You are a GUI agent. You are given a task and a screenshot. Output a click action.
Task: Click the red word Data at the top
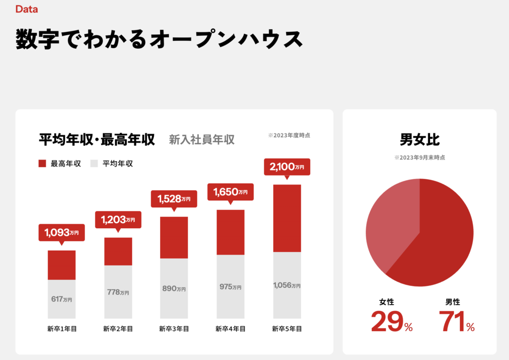[x=26, y=9]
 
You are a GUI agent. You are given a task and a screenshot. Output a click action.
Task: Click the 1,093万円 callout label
[x=62, y=232]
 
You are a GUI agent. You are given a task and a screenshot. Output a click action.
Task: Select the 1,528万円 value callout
[x=174, y=199]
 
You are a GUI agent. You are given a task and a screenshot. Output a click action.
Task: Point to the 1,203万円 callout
[x=118, y=219]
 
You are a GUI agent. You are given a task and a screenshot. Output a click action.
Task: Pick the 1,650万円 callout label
[x=230, y=191]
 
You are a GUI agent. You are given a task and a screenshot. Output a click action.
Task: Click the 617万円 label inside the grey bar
[x=62, y=299]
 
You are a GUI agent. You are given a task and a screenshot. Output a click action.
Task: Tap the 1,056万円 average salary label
[x=287, y=285]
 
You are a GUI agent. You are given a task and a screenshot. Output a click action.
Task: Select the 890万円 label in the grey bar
[x=174, y=288]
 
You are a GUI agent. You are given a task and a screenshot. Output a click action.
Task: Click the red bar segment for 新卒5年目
[x=287, y=218]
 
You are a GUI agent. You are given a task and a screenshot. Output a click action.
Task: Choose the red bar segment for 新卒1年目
[x=62, y=265]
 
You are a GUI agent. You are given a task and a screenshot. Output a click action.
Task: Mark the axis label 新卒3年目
[x=174, y=329]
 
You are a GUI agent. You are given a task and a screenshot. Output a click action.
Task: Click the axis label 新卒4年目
[x=230, y=329]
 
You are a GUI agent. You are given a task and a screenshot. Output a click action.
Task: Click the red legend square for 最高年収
[x=42, y=164]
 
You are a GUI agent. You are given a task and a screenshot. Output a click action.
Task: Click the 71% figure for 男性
[x=457, y=321]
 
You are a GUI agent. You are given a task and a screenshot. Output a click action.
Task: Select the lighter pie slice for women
[x=390, y=224]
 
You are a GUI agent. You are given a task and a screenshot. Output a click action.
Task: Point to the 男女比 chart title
[x=420, y=140]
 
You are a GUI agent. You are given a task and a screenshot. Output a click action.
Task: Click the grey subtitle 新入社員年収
[x=201, y=140]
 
